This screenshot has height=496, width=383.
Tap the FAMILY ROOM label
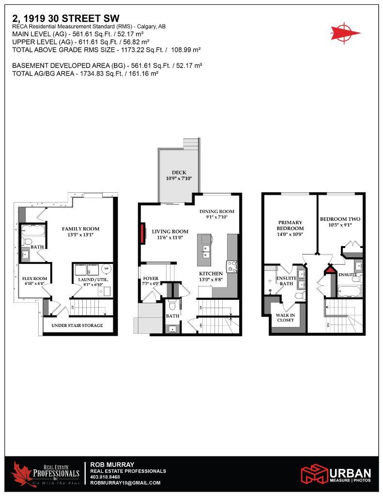(x=80, y=229)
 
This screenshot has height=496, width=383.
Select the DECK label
(x=179, y=173)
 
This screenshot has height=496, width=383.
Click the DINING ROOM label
(x=217, y=211)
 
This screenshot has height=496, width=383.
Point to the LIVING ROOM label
(x=169, y=232)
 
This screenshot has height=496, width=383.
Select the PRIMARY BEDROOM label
(x=290, y=225)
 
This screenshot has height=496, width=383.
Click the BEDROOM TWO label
(x=340, y=219)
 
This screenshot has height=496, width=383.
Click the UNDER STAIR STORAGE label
(x=77, y=325)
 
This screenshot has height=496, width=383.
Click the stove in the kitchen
(x=231, y=266)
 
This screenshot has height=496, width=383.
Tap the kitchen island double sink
(x=207, y=252)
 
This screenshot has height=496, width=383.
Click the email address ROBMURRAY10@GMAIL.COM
(x=125, y=483)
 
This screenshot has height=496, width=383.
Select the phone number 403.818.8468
(x=105, y=477)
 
